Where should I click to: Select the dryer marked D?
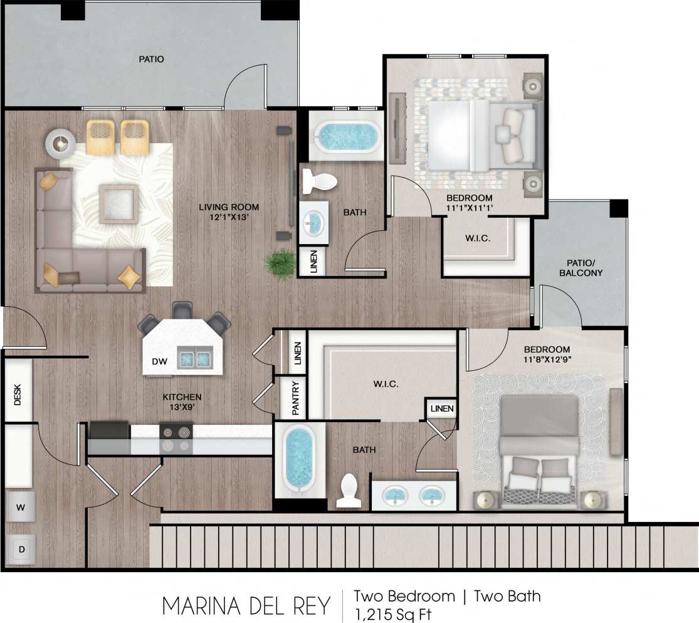tap(21, 550)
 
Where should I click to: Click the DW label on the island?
tap(159, 361)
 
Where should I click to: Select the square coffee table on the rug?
tap(118, 204)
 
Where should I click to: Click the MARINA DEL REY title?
tap(246, 606)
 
